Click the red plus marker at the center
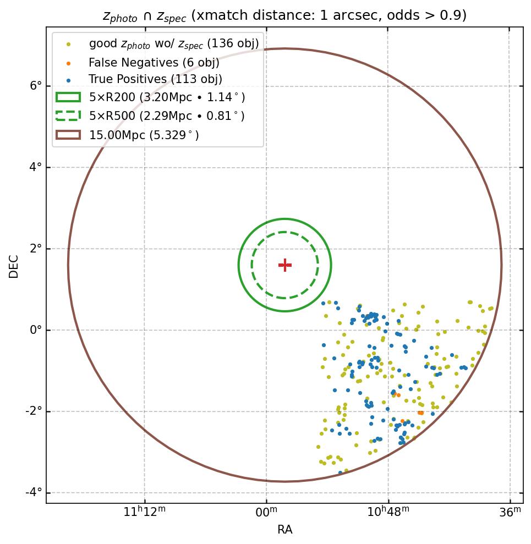coord(284,265)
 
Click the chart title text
coord(284,15)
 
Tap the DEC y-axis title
coord(14,266)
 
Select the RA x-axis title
coord(284,530)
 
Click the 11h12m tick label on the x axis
coord(145,513)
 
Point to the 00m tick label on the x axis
coord(267,513)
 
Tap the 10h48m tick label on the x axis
coord(388,513)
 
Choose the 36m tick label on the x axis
coord(510,513)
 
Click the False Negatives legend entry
coord(154,62)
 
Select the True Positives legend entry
coord(155,80)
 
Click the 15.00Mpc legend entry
coord(144,135)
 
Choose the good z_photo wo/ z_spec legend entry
coord(173,44)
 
